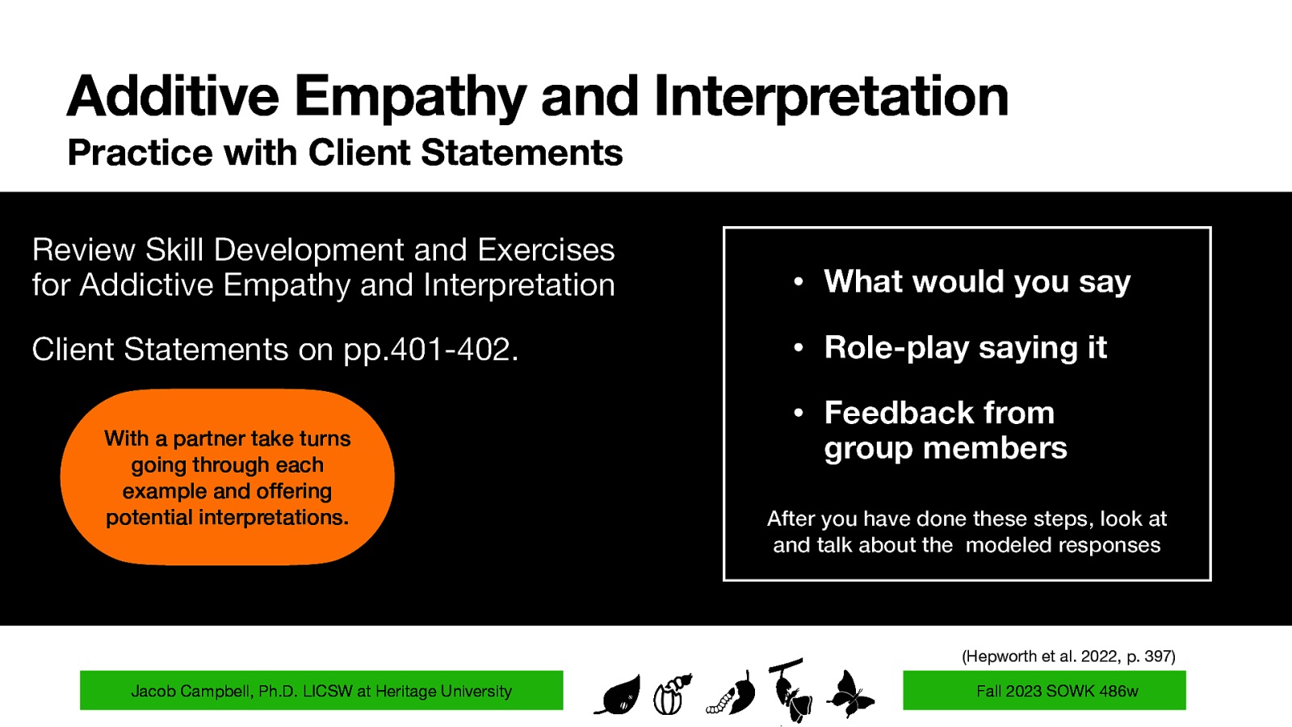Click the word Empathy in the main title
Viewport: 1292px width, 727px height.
point(410,97)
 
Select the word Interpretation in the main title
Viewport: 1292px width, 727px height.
point(831,97)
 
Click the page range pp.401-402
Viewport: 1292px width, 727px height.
point(430,350)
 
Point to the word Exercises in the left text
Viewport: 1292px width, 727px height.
point(546,250)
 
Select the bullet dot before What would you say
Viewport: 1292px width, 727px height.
point(798,282)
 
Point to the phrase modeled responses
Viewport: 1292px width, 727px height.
point(1063,545)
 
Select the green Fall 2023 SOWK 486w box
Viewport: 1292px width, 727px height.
point(1043,691)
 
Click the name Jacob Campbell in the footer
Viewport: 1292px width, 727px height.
point(191,691)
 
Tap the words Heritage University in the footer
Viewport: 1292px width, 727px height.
point(443,691)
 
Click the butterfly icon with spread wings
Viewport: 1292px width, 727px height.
point(849,693)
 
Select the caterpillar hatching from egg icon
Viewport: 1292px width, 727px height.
point(672,694)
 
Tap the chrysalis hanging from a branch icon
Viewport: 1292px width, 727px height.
point(791,691)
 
